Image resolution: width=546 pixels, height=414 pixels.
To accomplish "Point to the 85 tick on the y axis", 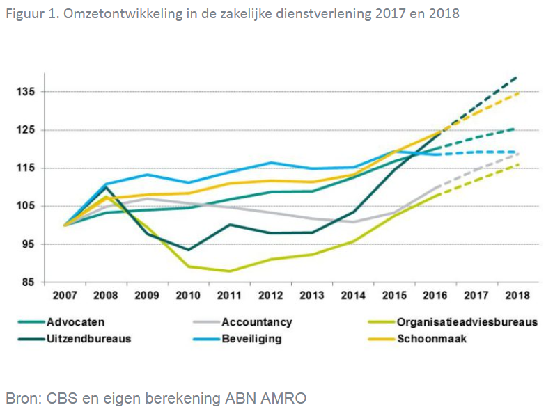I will tap(31, 282).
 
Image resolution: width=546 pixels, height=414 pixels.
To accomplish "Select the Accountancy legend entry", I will tap(256, 322).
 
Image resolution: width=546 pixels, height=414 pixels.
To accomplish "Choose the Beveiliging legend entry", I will tap(251, 339).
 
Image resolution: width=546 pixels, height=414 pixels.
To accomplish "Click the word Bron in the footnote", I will tap(22, 398).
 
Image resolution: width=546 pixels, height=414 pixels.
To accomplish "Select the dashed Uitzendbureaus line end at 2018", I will tap(517, 77).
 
